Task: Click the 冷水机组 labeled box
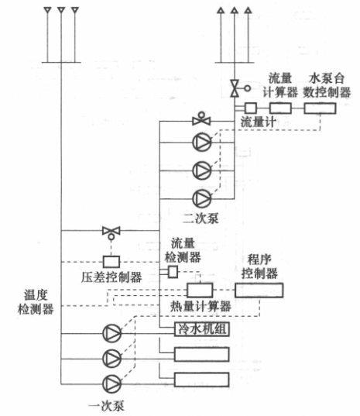(202, 329)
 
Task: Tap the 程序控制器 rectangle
(259, 291)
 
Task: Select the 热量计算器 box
(200, 291)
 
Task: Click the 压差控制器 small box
(111, 262)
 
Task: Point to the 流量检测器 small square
(173, 272)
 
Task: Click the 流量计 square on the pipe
(251, 108)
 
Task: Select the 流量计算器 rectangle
(280, 108)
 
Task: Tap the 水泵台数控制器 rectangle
(321, 108)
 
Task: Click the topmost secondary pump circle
(202, 143)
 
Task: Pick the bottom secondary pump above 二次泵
(202, 198)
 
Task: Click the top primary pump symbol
(111, 333)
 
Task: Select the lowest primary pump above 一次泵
(111, 383)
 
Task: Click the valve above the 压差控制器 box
(111, 232)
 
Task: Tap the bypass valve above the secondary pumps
(201, 119)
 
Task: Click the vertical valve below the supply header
(238, 88)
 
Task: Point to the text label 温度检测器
(36, 302)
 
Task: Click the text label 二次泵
(201, 219)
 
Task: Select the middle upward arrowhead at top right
(235, 10)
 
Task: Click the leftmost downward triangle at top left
(47, 10)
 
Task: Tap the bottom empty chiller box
(202, 380)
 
